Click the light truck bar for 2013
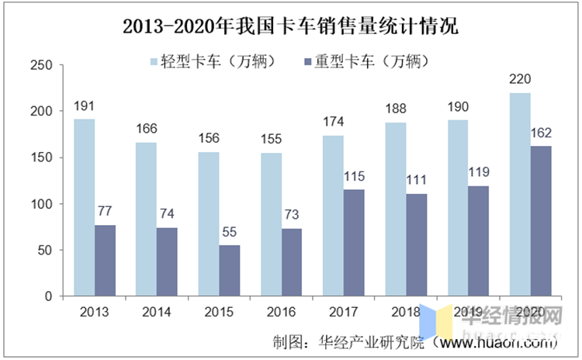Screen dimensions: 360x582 point(84,207)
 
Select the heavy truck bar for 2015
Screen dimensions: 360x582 point(229,271)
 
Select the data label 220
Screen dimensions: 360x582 point(519,81)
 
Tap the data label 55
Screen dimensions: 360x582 point(229,233)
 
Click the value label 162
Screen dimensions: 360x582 point(540,134)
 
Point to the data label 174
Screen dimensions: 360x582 point(332,123)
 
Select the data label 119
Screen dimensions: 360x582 point(478,174)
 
